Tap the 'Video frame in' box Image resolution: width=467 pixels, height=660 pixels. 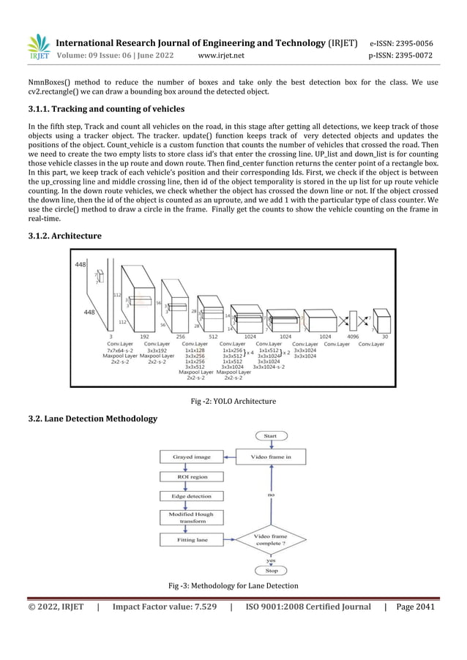[271, 457]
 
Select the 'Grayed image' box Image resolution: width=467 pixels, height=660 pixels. [191, 457]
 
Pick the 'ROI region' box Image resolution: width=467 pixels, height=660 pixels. [191, 476]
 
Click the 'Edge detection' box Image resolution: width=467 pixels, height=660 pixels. [191, 496]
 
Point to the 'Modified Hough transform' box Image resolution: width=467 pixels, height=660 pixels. [191, 517]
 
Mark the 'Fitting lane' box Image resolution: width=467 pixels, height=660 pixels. [191, 539]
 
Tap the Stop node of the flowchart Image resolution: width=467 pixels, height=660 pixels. [271, 571]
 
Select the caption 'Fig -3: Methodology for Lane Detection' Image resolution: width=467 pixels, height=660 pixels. [233, 587]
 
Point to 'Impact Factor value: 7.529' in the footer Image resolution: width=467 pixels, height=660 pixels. [165, 607]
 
